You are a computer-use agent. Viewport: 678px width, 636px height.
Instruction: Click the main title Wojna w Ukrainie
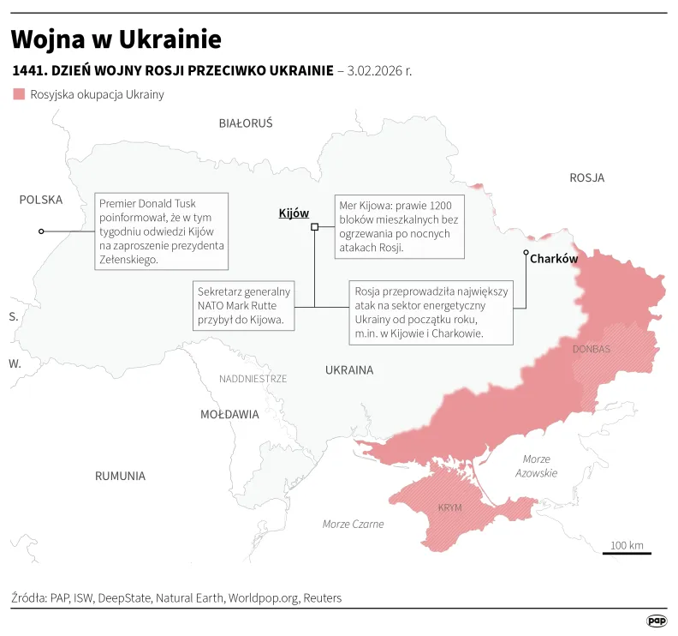coord(116,39)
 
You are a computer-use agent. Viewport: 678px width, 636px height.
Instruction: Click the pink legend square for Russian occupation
coord(19,94)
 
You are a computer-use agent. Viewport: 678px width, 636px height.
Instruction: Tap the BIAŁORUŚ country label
coord(246,123)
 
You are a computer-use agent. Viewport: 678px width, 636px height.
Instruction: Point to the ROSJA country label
coord(587,178)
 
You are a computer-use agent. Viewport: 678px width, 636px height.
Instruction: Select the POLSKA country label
coord(41,200)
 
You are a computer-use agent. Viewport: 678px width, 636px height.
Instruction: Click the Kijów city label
coord(294,213)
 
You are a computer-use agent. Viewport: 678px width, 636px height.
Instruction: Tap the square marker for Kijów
coord(315,227)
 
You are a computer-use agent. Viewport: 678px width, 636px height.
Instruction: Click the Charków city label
coord(554,258)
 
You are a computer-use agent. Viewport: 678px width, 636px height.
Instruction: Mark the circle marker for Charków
coord(526,254)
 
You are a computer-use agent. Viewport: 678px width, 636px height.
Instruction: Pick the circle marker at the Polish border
coord(41,231)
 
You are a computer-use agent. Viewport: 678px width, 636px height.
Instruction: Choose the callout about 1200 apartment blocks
coord(399,226)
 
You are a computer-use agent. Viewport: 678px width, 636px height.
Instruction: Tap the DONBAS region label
coord(592,350)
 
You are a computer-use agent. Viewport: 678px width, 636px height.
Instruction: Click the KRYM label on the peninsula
coord(449,507)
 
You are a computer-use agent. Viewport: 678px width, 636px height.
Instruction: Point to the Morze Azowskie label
coord(537,466)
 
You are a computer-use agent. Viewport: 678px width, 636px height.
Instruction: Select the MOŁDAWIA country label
coord(229,415)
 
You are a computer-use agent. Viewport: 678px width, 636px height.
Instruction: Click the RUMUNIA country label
coord(120,476)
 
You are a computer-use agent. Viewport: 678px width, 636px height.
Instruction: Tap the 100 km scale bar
coord(627,553)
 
